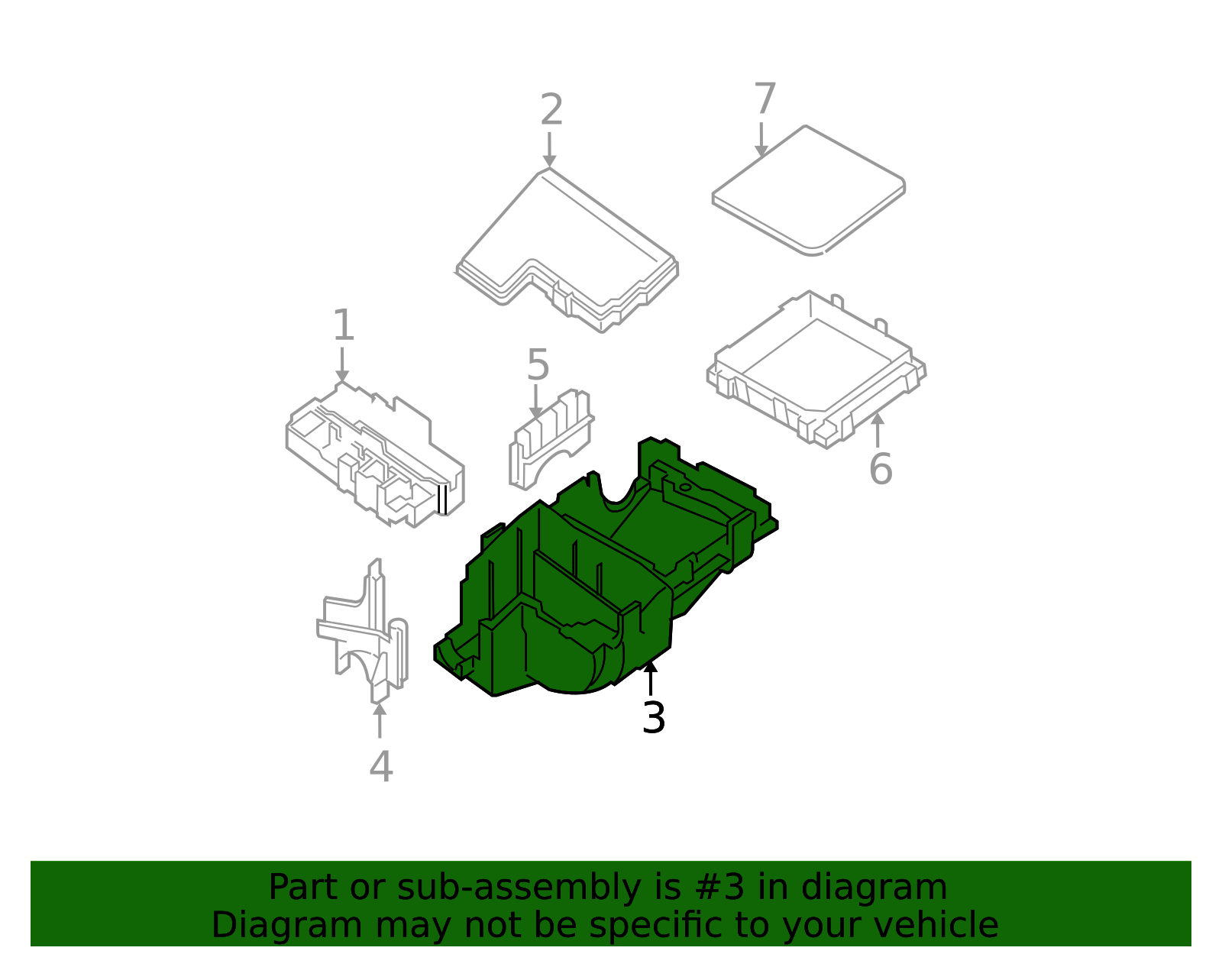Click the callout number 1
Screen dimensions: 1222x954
344,325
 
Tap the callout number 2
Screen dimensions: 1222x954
551,109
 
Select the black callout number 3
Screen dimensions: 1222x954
654,717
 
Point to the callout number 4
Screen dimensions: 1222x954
380,766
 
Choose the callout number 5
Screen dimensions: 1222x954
538,364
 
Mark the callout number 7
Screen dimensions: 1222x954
765,99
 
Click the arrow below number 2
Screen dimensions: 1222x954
549,150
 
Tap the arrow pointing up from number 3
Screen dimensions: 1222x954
651,678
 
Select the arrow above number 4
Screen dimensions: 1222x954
380,720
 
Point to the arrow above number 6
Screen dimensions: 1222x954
878,430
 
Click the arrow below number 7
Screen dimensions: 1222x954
761,140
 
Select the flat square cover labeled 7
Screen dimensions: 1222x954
809,190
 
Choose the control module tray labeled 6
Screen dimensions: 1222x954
816,370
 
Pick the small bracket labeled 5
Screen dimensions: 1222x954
551,438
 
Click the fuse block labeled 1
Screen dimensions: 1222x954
375,454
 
